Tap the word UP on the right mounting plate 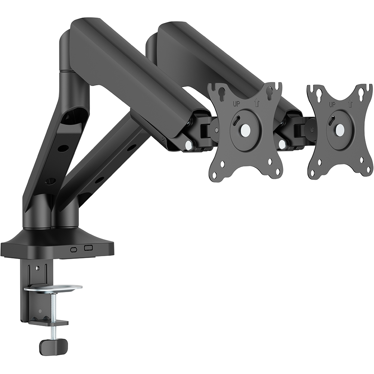tap(332, 104)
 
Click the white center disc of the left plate tap(245, 130)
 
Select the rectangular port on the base tap(89, 248)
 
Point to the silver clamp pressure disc tap(53, 288)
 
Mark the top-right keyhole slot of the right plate tap(361, 92)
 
